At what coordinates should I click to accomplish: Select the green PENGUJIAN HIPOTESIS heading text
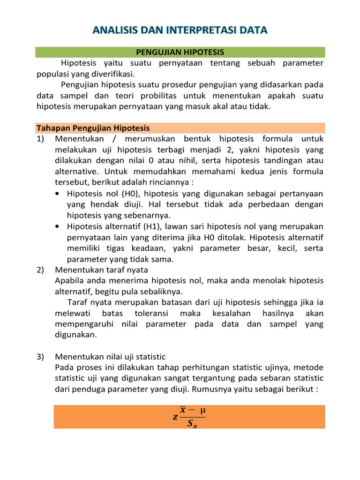180,52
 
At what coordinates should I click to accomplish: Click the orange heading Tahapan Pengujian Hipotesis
93,128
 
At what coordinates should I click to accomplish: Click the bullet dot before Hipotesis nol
57,194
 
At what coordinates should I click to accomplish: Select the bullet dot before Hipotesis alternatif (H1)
57,226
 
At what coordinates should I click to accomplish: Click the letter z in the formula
175,417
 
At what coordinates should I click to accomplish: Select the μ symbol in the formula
202,411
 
